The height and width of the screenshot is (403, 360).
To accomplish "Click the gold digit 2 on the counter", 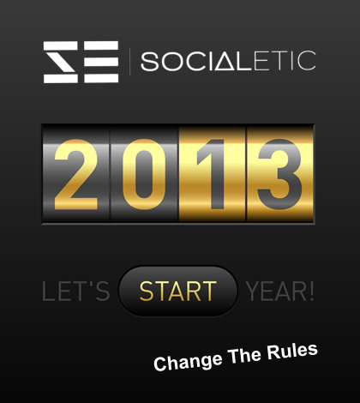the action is [76, 174].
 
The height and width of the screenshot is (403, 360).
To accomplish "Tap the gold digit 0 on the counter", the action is [144, 174].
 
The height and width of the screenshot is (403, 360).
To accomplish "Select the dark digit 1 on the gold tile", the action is [213, 174].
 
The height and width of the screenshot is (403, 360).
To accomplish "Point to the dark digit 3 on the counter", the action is [280, 174].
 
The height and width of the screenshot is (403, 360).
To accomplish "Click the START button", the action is [177, 291].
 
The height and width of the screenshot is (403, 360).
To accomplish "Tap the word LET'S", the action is [75, 292].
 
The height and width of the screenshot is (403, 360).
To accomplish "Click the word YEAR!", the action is [280, 292].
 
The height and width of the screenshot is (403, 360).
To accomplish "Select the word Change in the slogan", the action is [188, 362].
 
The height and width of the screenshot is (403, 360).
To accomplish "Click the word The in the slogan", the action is [244, 356].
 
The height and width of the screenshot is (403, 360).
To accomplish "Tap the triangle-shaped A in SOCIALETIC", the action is [225, 61].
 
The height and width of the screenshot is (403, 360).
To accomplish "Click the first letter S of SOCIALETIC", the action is [150, 61].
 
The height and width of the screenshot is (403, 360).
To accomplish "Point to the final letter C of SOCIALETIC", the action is [307, 61].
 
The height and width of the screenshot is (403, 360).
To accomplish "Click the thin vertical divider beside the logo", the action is [130, 62].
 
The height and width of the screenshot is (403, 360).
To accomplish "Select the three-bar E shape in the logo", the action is [101, 62].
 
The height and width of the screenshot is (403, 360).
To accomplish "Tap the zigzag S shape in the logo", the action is [61, 62].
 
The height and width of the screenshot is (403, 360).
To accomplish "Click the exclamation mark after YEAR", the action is [311, 291].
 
